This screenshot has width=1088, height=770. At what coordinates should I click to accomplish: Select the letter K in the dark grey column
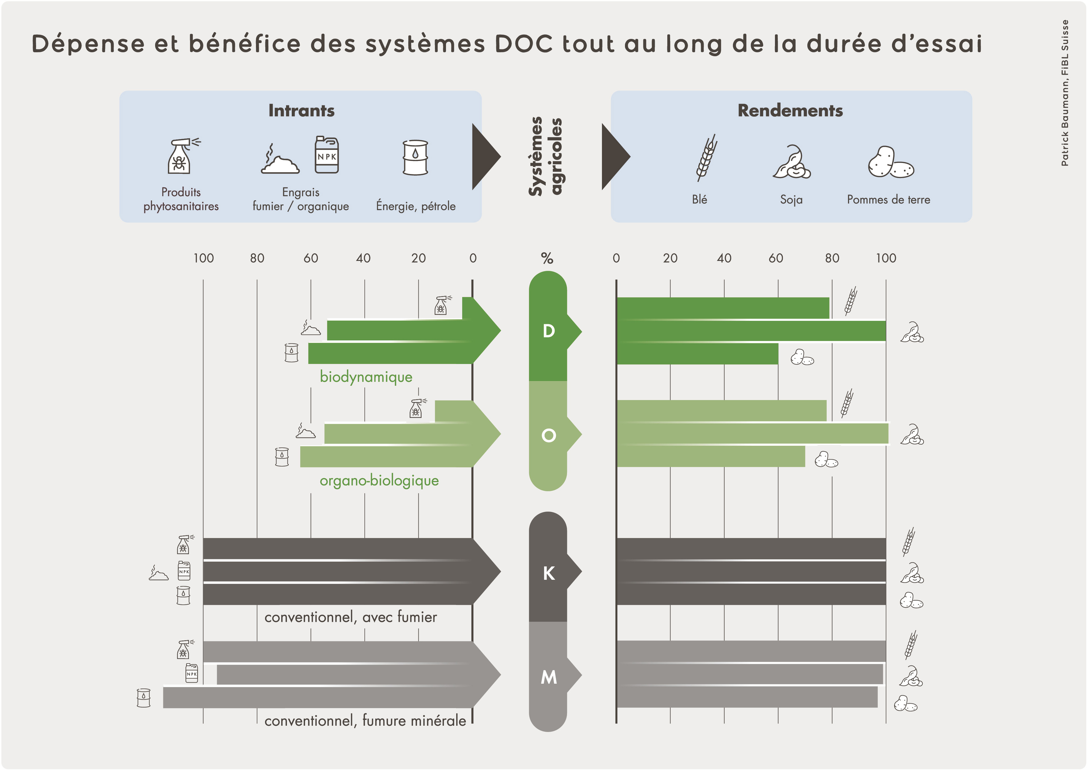[549, 573]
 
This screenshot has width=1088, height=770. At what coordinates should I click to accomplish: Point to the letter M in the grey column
[549, 677]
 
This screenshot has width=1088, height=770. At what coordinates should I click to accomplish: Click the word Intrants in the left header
[302, 110]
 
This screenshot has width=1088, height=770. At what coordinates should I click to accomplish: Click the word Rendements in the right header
[790, 110]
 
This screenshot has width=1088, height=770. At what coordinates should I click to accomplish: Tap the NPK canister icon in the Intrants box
[327, 154]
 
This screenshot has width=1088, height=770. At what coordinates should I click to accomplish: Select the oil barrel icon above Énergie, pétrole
[415, 157]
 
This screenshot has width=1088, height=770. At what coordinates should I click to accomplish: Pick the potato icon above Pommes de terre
[891, 162]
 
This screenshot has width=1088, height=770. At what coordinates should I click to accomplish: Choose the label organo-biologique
[379, 481]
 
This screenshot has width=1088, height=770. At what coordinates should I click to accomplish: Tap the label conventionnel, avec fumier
[351, 617]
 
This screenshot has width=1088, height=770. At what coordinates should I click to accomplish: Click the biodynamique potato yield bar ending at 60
[697, 354]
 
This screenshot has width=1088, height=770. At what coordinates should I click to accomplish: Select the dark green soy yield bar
[751, 331]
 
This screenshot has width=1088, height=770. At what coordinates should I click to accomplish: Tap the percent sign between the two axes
[547, 258]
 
